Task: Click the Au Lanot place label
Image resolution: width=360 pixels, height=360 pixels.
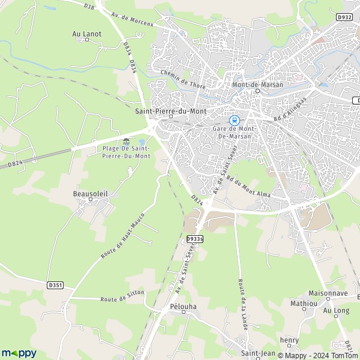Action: [87, 34]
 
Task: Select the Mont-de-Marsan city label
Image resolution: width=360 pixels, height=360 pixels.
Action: [257, 85]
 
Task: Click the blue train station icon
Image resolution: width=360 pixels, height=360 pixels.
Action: [235, 119]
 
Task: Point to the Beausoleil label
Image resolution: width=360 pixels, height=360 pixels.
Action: [90, 194]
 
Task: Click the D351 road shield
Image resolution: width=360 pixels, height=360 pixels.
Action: [56, 285]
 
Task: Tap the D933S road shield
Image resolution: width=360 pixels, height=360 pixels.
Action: [195, 239]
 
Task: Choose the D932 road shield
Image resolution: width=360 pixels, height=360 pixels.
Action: [344, 17]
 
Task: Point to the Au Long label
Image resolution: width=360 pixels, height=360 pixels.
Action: [336, 310]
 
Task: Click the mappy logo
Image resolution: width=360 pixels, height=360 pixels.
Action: [19, 353]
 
